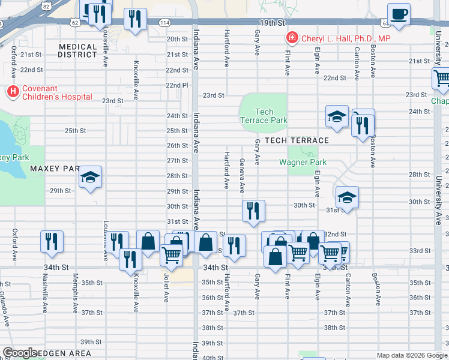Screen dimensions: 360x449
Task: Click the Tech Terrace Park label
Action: pyautogui.click(x=264, y=116)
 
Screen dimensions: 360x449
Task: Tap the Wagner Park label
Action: pyautogui.click(x=303, y=162)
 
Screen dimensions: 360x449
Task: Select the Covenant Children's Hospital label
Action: pyautogui.click(x=57, y=92)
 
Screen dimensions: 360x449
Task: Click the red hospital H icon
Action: pyautogui.click(x=12, y=92)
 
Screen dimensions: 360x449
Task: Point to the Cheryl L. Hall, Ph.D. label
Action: pyautogui.click(x=345, y=38)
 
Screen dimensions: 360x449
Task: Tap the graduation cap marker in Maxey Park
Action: pyautogui.click(x=91, y=177)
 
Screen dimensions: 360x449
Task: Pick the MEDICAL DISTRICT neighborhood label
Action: pyautogui.click(x=78, y=50)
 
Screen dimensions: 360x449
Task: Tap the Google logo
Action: pyautogui.click(x=20, y=353)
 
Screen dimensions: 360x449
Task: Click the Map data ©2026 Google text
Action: pyautogui.click(x=411, y=355)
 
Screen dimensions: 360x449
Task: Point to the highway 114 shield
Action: pyautogui.click(x=164, y=22)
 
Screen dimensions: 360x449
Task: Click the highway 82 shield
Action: pyautogui.click(x=47, y=5)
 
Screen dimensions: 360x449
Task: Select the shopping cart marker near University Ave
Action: pyautogui.click(x=442, y=78)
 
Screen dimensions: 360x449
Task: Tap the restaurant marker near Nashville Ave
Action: pyautogui.click(x=52, y=241)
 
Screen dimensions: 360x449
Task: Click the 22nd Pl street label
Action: pyautogui.click(x=177, y=85)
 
